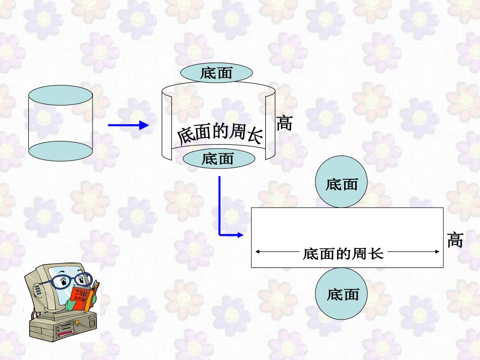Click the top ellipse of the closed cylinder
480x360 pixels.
click(61, 95)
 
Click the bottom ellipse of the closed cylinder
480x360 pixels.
click(61, 151)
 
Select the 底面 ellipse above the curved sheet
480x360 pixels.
click(216, 73)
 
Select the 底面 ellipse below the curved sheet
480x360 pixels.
click(218, 159)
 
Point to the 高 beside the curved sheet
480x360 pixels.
click(284, 123)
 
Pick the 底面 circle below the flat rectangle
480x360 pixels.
click(342, 294)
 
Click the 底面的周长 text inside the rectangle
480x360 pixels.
click(344, 253)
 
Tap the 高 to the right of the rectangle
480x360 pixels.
click(455, 240)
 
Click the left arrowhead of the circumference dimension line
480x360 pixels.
click(259, 251)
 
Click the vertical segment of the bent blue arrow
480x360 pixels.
click(220, 204)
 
